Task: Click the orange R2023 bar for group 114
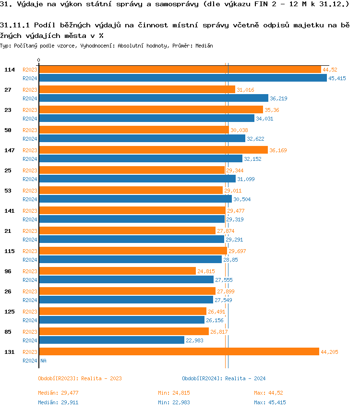180,70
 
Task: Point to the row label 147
8,150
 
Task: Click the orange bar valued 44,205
179,352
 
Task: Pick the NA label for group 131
43,361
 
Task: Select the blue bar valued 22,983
111,340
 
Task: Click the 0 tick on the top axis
39,60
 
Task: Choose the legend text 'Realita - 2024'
245,378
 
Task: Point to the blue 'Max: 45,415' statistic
270,402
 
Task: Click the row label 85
8,332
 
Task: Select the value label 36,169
278,150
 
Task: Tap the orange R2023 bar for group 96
117,271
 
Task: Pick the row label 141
8,211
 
